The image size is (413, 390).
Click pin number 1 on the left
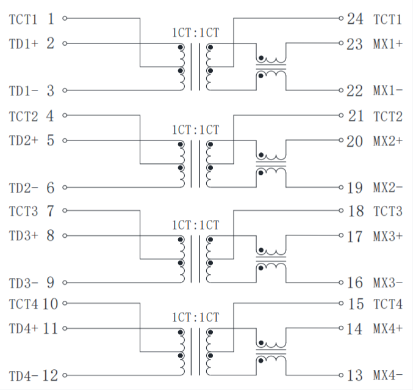click(x=51, y=19)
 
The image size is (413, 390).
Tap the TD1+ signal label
click(x=23, y=44)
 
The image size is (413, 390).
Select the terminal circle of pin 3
click(x=65, y=91)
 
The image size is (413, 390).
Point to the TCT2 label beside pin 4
click(x=23, y=116)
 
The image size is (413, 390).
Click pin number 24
click(x=355, y=19)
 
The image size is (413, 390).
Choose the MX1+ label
click(x=387, y=44)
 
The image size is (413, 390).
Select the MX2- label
click(x=387, y=188)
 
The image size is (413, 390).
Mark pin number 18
click(x=355, y=212)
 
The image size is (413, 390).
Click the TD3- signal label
click(x=23, y=284)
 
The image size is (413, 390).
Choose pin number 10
click(x=51, y=304)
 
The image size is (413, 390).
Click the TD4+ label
click(x=23, y=329)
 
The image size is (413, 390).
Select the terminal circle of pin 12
click(x=65, y=375)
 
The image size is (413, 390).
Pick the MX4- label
click(x=387, y=375)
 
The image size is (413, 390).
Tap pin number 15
click(x=355, y=304)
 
